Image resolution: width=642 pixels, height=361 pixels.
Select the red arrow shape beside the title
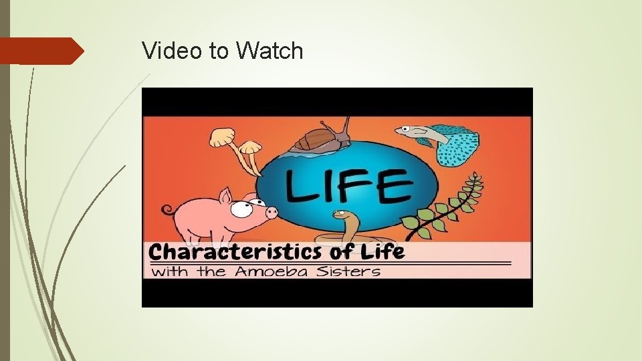tap(40, 51)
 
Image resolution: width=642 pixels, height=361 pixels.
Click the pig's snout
tap(272, 213)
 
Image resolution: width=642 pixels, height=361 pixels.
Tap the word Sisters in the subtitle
tap(352, 271)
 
